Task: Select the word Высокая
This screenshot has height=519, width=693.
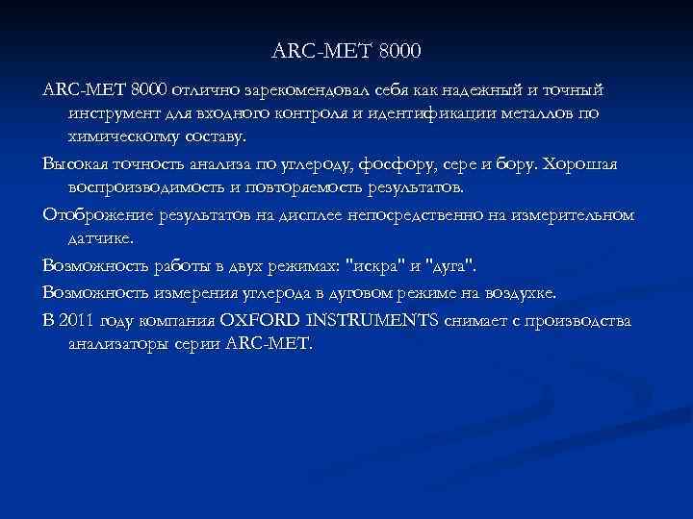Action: pyautogui.click(x=79, y=163)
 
